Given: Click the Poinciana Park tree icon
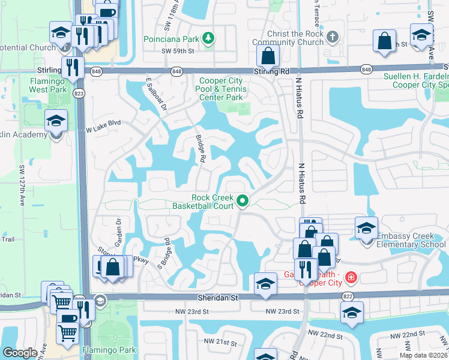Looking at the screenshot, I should point(208,40).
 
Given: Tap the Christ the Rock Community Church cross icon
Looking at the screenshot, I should point(333,37).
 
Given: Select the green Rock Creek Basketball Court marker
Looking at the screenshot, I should point(243,201).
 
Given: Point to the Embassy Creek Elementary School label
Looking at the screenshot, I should point(411,241).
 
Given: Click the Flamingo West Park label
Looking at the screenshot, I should point(51,85).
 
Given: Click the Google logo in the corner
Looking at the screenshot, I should point(20,353).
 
